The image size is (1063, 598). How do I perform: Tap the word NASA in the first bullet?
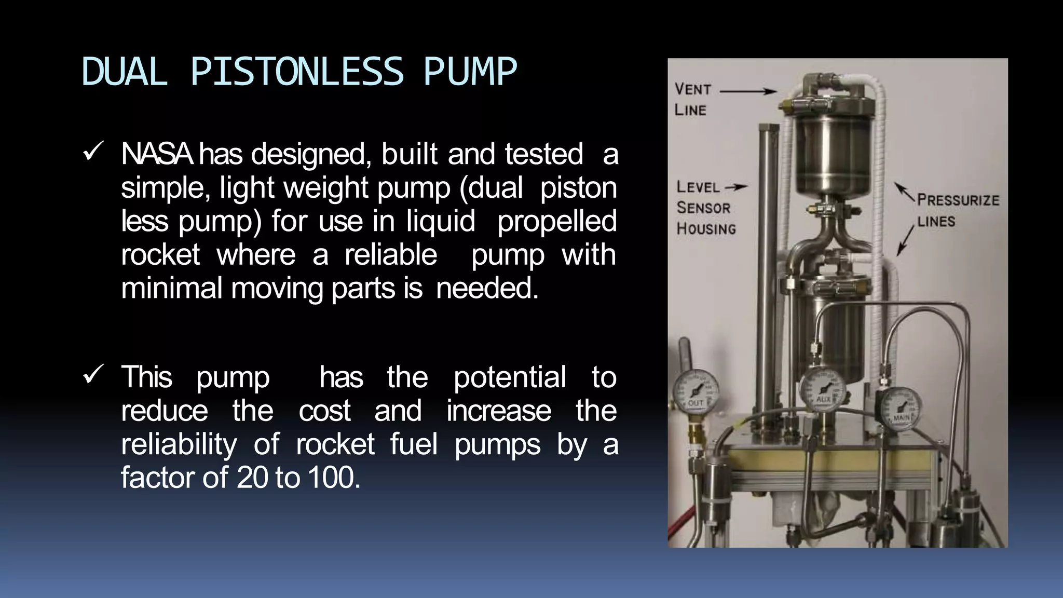157,154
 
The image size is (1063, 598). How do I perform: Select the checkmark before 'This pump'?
93,374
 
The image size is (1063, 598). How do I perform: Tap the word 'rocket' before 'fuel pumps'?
335,444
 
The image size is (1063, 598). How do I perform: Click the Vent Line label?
692,99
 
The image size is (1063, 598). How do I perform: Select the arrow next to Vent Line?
748,91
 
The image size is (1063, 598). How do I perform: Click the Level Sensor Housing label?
705,208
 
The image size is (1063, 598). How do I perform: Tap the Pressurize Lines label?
957,210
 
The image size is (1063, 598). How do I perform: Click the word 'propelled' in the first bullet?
556,221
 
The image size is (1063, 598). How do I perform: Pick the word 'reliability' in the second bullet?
179,444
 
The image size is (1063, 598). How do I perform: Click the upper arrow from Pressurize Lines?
904,192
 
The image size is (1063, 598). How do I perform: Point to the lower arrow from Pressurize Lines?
905,240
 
